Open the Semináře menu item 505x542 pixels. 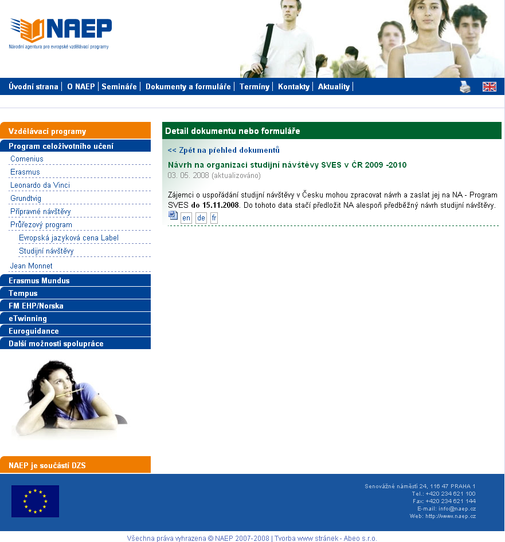pos(119,87)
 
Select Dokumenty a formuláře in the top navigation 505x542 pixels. pos(188,87)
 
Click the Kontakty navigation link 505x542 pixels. pos(293,87)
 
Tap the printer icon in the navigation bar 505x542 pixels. pos(465,87)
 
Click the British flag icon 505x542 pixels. pos(490,87)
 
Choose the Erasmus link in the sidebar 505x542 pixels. pos(25,172)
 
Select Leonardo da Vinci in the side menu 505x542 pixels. pos(40,185)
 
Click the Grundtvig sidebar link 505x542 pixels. pos(26,198)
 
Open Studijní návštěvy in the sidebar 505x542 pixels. pos(46,251)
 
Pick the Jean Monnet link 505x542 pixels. pos(31,266)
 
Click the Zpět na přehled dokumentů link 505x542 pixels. pos(224,151)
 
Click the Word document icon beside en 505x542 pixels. pos(173,216)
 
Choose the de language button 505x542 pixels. pos(201,218)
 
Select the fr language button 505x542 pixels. pos(214,218)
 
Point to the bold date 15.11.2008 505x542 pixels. pos(221,205)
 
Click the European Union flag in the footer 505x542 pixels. pos(35,501)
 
